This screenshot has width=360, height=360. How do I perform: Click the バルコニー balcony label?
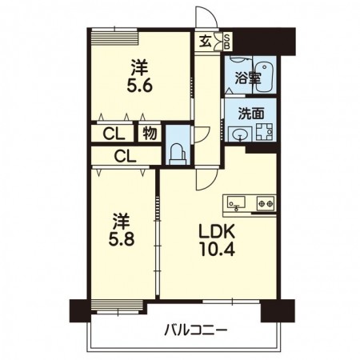[x=195, y=331]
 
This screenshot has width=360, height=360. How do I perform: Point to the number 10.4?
[x=217, y=250]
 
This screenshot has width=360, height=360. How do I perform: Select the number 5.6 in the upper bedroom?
[x=139, y=86]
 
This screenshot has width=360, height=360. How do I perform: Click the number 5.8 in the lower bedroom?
[x=122, y=239]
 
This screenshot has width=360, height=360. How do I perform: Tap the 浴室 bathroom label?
[x=248, y=78]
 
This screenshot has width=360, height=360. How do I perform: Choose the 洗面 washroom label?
[x=251, y=114]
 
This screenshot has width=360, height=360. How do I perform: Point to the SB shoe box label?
[x=227, y=42]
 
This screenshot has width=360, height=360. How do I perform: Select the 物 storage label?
[x=150, y=133]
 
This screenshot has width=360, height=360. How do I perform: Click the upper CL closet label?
[x=114, y=134]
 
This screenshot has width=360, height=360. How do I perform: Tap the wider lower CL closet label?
[x=125, y=156]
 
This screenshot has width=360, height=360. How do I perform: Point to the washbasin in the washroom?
[x=240, y=134]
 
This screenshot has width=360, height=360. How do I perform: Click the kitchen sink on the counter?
[x=236, y=202]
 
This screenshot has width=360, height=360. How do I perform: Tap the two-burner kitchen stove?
[x=266, y=203]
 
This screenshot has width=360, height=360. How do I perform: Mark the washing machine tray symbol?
[x=265, y=132]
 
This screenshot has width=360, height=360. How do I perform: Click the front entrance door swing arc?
[x=206, y=16]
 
